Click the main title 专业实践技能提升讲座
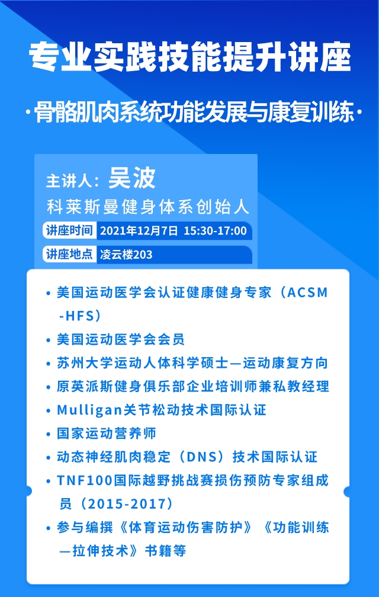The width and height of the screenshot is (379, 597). click(x=189, y=58)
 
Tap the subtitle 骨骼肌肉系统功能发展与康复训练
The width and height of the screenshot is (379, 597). click(x=194, y=113)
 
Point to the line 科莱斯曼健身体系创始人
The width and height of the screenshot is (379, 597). click(x=148, y=208)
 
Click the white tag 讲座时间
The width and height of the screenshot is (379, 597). click(x=69, y=231)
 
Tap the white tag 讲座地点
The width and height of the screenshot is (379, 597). click(x=69, y=254)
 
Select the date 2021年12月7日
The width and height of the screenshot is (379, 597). click(x=139, y=231)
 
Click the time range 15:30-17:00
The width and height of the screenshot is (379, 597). click(x=216, y=231)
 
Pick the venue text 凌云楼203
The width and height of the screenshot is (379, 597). click(x=126, y=254)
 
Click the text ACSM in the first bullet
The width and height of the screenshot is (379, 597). click(x=307, y=293)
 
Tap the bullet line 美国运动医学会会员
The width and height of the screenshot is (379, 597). click(x=121, y=339)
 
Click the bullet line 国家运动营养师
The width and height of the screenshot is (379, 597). click(x=107, y=434)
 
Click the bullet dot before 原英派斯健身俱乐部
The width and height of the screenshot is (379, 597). click(x=49, y=387)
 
